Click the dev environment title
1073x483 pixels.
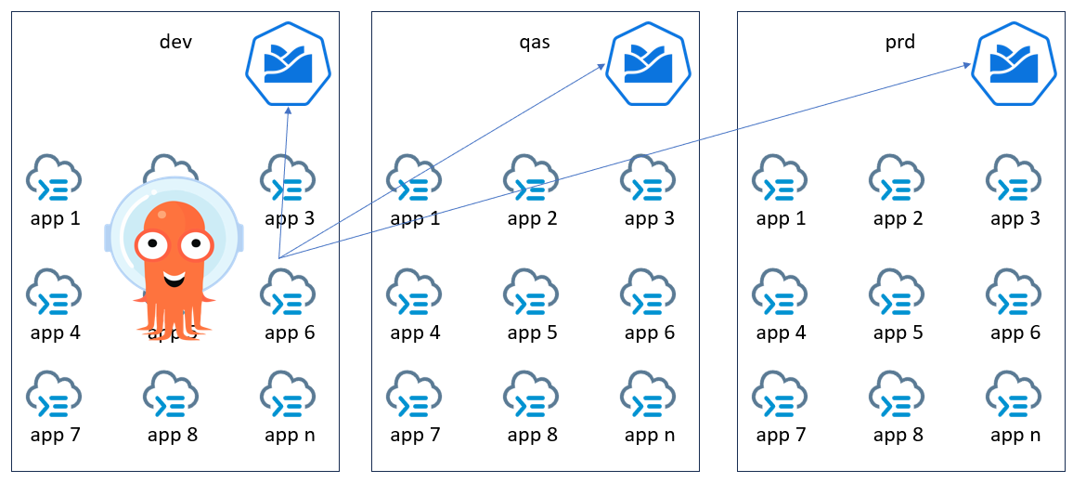tap(175, 42)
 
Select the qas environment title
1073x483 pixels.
tap(534, 42)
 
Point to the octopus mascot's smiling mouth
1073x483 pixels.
tap(173, 277)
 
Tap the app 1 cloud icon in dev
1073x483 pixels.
tap(55, 176)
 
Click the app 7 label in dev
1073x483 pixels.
tap(55, 435)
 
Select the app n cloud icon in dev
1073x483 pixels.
tap(289, 393)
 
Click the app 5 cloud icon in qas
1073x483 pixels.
tap(532, 291)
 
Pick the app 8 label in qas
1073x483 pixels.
tap(532, 435)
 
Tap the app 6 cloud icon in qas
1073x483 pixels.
tap(649, 291)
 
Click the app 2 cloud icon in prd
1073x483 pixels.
tap(898, 176)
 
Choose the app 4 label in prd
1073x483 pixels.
tap(781, 333)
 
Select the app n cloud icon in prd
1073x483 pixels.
tap(1015, 393)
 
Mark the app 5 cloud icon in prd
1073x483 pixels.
tap(898, 291)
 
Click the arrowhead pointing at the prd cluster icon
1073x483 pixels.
tap(967, 65)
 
